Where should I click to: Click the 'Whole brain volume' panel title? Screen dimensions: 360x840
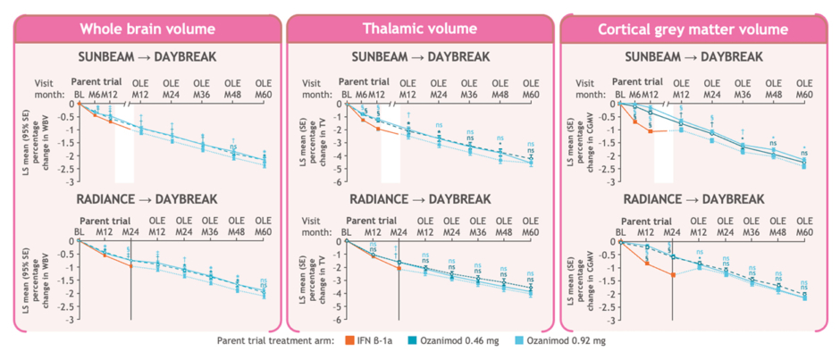(147, 29)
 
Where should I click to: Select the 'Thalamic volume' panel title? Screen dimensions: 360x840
(419, 29)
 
